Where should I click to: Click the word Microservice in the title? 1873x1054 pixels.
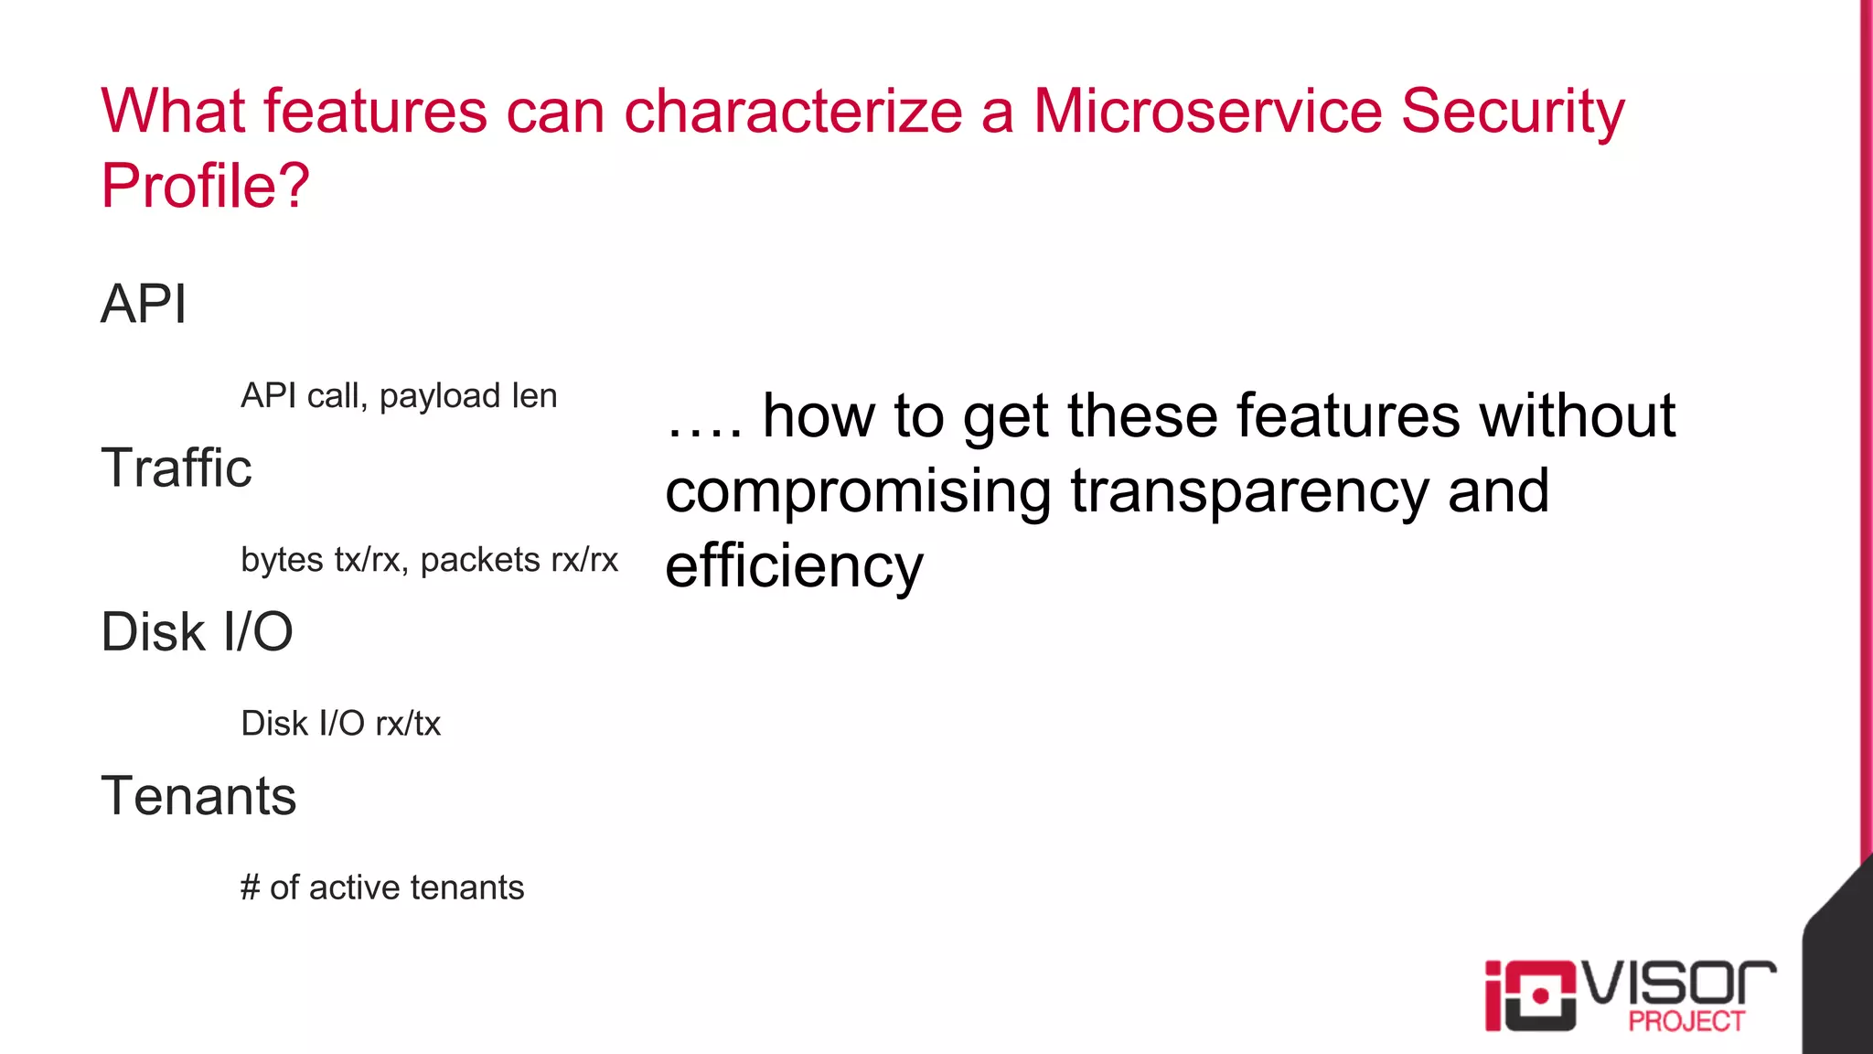click(1206, 112)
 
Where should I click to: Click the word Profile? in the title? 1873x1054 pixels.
click(205, 186)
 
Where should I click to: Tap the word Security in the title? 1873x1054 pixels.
click(1513, 112)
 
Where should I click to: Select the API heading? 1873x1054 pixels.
click(144, 304)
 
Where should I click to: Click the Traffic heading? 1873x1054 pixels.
click(176, 468)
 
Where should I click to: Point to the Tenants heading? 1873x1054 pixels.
click(198, 796)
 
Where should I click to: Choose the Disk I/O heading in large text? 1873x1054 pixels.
click(197, 632)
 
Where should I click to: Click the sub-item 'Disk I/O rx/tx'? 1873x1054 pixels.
click(340, 724)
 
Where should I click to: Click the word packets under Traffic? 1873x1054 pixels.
click(480, 560)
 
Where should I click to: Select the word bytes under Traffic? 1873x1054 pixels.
click(282, 560)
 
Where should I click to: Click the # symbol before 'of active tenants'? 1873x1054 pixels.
click(250, 887)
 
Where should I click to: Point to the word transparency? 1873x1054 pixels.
click(1249, 491)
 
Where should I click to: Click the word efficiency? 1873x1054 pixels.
click(794, 566)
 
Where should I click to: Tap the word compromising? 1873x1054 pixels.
click(858, 491)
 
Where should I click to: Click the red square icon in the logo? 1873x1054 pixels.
click(1540, 995)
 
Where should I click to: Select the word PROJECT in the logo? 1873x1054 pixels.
click(1686, 1021)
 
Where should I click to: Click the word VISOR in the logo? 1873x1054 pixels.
click(1679, 984)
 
